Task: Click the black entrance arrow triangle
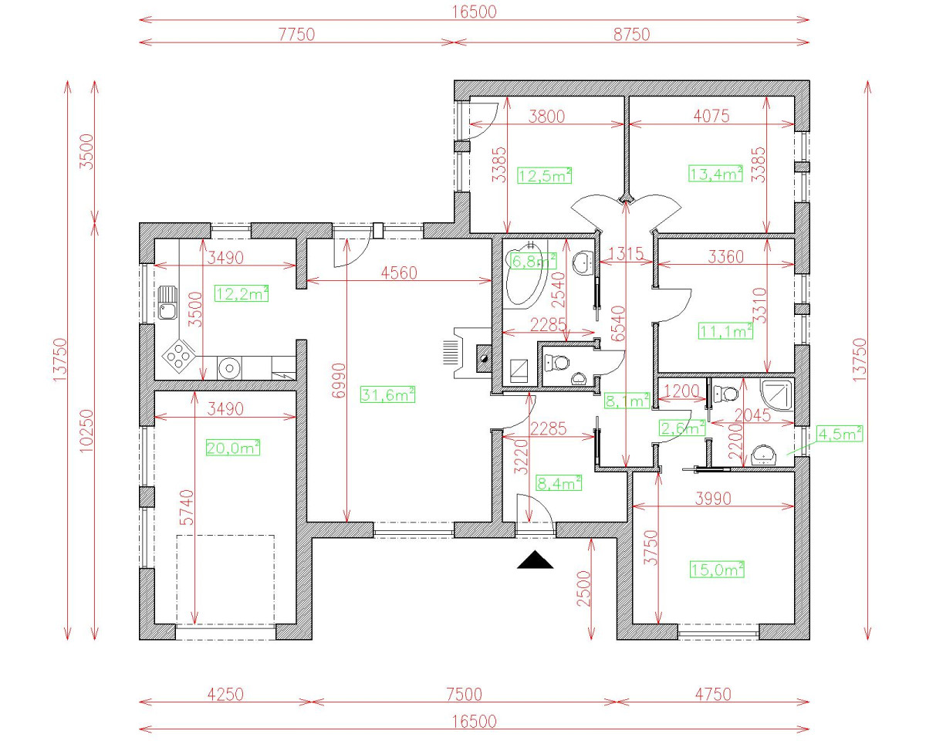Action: [536, 560]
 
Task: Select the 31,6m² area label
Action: [387, 394]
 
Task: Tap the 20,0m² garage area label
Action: [232, 448]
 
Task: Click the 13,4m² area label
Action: [715, 174]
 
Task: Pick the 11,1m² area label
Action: [726, 331]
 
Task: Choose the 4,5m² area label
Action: [839, 434]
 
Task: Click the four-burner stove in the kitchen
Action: [178, 356]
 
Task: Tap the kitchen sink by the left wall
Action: [167, 302]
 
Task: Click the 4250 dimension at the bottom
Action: [225, 694]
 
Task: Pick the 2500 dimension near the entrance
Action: [584, 588]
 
